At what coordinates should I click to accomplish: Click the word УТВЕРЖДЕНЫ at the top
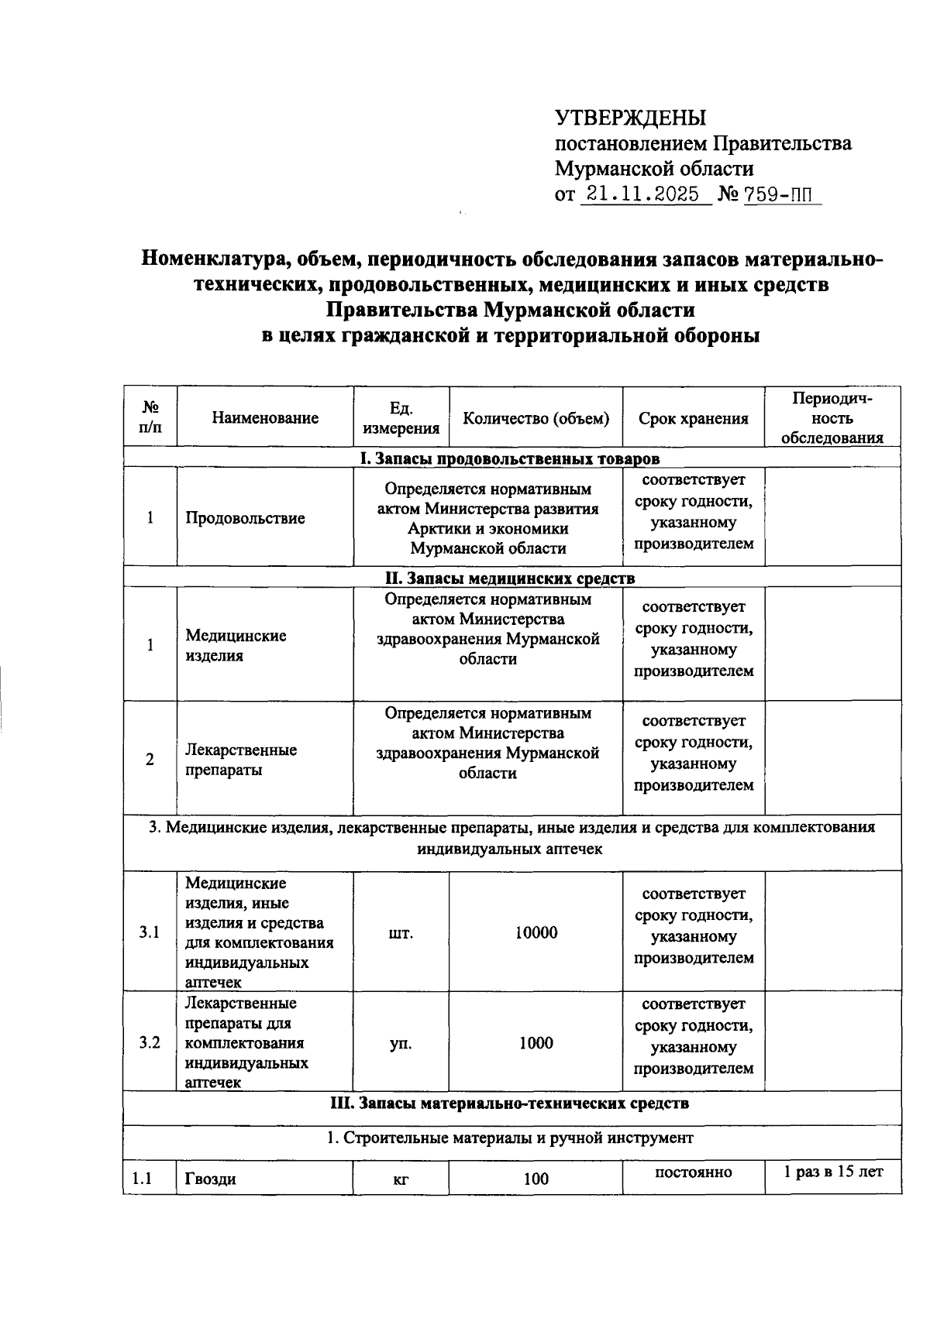[630, 118]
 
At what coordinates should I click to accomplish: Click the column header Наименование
[265, 418]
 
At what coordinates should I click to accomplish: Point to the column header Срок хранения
[693, 419]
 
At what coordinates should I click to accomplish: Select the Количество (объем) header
[536, 418]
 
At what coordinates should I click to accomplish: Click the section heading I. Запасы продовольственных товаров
[511, 458]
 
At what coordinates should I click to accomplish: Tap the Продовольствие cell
[245, 518]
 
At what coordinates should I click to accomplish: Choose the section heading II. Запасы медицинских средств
[510, 578]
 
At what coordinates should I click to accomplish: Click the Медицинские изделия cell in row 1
[236, 645]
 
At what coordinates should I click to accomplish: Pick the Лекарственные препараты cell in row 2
[240, 759]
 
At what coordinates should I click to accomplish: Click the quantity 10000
[536, 932]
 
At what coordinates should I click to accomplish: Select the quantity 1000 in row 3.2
[536, 1042]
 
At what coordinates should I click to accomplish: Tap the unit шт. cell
[401, 932]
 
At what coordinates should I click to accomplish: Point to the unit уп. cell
[401, 1043]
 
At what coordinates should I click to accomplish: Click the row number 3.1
[150, 932]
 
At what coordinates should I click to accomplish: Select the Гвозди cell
[210, 1179]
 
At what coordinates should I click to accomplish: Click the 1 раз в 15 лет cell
[832, 1172]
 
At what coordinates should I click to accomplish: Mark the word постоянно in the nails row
[693, 1172]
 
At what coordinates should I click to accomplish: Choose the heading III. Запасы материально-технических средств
[510, 1103]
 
